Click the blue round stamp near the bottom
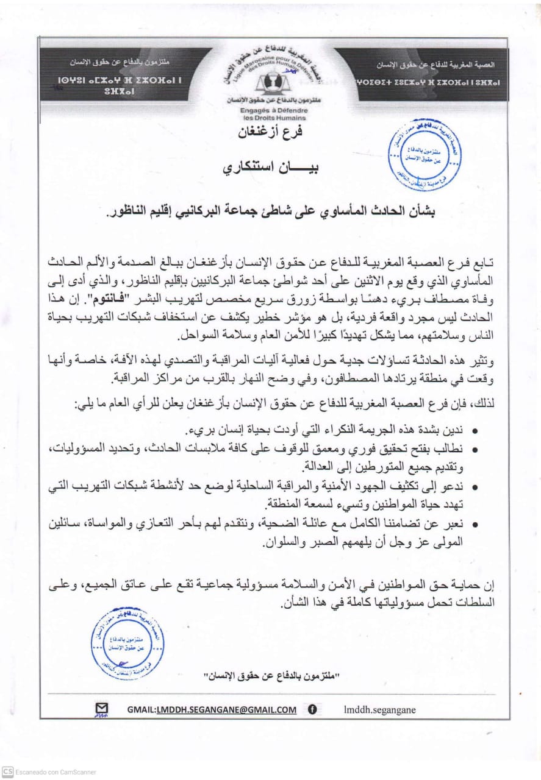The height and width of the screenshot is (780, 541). tap(127, 643)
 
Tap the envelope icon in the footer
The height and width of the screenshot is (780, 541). tap(102, 709)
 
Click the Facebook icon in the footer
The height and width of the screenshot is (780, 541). tap(312, 709)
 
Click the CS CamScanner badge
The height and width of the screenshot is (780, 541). tap(7, 771)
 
